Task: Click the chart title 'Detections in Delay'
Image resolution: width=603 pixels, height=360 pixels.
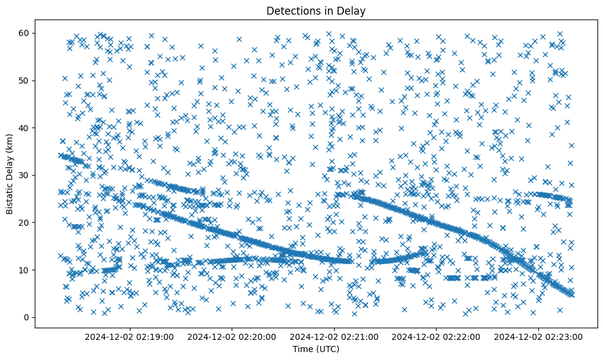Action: [316, 10]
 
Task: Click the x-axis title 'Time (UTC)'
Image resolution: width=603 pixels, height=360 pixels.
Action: [316, 350]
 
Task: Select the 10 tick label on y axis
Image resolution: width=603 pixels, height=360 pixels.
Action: [24, 270]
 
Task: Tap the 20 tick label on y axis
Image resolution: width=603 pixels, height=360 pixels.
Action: [24, 223]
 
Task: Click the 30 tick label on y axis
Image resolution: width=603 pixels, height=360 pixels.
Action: [24, 175]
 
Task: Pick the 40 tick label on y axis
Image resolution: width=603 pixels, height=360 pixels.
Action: [24, 128]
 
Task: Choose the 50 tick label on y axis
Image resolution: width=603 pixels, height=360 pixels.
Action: [24, 81]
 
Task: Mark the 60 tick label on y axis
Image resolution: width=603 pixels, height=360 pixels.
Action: [24, 33]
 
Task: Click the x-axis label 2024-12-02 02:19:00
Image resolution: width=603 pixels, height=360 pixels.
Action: [129, 336]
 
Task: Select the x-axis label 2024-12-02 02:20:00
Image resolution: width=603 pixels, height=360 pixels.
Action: [232, 336]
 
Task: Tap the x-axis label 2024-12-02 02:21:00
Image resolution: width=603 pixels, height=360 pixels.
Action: [334, 336]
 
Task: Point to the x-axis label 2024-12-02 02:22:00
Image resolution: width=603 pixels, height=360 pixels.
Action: [437, 336]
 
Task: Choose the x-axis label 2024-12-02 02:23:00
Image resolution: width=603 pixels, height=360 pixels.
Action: [539, 336]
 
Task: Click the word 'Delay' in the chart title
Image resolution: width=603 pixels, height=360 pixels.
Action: [353, 10]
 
